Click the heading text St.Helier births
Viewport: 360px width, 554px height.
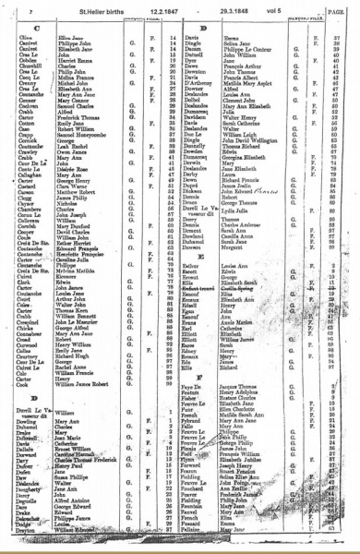(96, 9)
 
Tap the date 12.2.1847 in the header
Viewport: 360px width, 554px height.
(160, 9)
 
